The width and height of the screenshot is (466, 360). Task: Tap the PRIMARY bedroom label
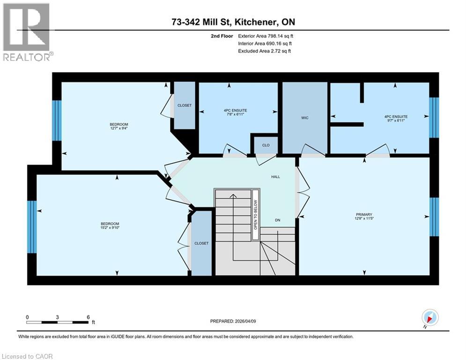[364, 214]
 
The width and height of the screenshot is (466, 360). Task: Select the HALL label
[275, 177]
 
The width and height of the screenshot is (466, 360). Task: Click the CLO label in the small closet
[266, 145]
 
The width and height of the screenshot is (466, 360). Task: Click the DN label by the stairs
[277, 220]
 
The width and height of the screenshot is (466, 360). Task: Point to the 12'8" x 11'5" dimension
[364, 219]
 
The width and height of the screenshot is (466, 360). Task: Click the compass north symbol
[429, 317]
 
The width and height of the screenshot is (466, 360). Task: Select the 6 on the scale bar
[88, 317]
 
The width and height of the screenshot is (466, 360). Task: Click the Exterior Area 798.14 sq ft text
[266, 36]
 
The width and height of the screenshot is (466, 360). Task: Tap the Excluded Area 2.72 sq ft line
[265, 51]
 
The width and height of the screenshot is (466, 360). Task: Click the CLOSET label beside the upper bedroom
[185, 105]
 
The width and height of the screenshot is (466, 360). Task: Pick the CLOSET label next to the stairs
[201, 243]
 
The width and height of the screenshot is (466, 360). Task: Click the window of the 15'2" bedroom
[31, 227]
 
